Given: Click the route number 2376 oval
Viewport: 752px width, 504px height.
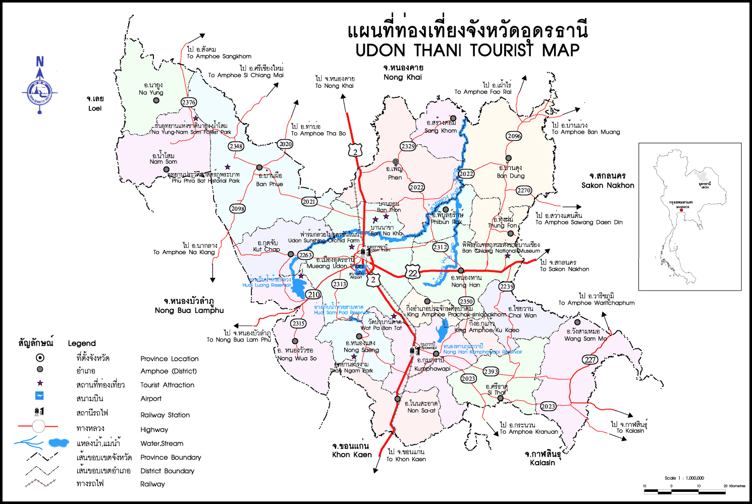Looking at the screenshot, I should click(x=189, y=102).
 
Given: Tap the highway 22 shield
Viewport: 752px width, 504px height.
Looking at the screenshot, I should click(x=413, y=272).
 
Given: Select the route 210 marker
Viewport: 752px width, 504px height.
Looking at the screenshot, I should click(x=313, y=295).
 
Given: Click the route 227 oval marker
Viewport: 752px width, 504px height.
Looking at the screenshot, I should click(x=590, y=360).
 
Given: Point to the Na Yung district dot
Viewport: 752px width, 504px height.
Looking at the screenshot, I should click(x=156, y=100).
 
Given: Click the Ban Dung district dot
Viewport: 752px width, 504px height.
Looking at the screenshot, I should click(x=508, y=158).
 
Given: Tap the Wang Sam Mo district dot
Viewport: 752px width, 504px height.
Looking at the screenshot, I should click(x=577, y=322).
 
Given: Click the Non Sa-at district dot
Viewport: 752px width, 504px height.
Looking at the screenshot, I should click(x=398, y=399).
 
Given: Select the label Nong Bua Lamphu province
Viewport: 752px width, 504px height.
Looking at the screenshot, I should click(x=189, y=310).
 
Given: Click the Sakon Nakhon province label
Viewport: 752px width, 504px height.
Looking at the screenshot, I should click(x=608, y=185).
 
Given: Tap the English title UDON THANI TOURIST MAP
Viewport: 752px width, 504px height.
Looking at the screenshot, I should click(x=467, y=50).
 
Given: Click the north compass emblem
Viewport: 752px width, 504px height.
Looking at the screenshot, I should click(x=39, y=92).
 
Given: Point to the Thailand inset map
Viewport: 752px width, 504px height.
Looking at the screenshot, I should click(x=689, y=216).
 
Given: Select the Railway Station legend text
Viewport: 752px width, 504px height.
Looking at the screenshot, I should click(x=165, y=415).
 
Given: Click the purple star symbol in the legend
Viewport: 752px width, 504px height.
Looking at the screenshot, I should click(x=40, y=383).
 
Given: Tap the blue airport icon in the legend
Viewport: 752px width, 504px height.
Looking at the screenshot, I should click(x=39, y=396).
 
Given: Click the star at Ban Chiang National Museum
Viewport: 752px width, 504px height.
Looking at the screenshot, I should click(x=508, y=256).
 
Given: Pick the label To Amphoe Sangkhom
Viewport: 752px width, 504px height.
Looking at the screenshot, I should click(x=219, y=57).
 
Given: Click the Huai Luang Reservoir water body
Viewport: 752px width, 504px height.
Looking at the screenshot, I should click(x=298, y=288).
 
